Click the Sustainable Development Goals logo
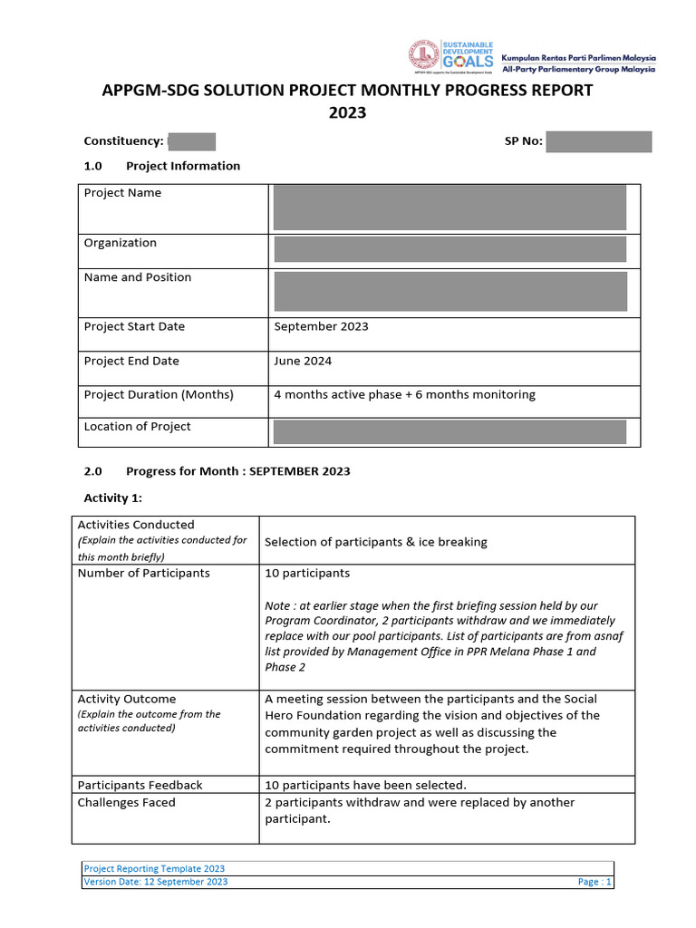[450, 56]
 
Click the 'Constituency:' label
[123, 141]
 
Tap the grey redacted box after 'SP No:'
[598, 141]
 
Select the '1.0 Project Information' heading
[162, 166]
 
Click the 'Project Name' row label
[122, 193]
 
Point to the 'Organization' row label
[120, 243]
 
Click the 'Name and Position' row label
[138, 277]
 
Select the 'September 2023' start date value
[321, 327]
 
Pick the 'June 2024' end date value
[303, 361]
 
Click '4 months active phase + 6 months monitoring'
[404, 395]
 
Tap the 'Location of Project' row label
[137, 427]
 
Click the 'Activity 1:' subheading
[112, 498]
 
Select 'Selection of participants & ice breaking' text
[375, 542]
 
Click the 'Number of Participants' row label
[143, 574]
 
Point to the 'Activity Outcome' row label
[127, 700]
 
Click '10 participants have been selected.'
[365, 785]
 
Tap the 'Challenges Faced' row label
[127, 803]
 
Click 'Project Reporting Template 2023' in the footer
[154, 868]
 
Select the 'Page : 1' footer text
[594, 882]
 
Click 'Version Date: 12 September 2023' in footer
[156, 882]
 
